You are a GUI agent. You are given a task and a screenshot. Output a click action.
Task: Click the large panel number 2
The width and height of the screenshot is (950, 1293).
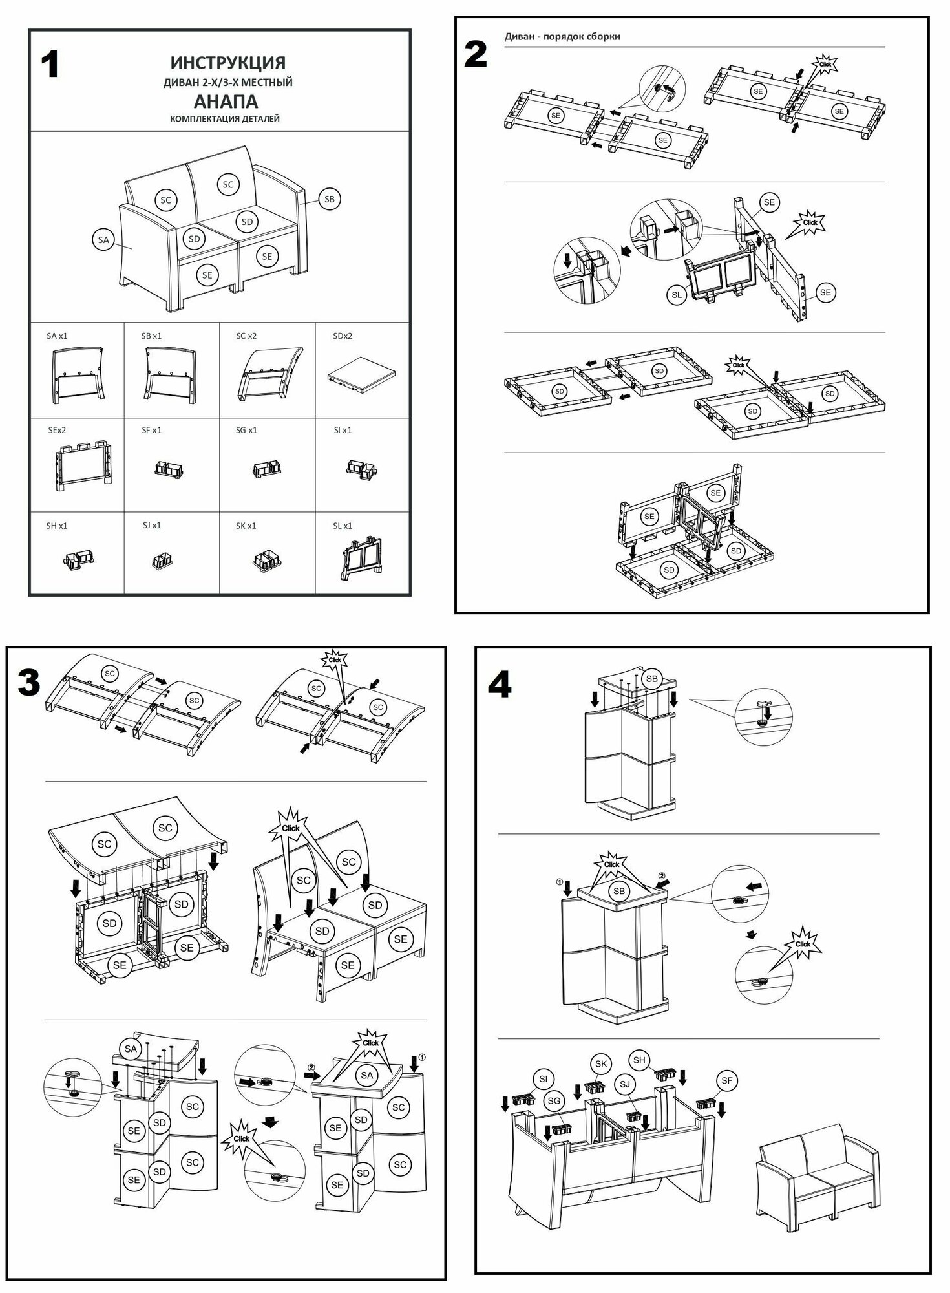[476, 54]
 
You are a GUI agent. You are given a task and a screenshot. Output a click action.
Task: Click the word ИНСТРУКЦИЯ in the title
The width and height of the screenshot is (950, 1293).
[227, 63]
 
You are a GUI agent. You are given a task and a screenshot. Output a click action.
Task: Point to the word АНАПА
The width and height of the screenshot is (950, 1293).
[226, 102]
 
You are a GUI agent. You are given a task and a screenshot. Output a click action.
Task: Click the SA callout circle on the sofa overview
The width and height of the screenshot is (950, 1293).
[103, 240]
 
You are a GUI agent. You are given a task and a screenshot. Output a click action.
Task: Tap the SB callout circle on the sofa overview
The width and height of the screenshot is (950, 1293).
[329, 199]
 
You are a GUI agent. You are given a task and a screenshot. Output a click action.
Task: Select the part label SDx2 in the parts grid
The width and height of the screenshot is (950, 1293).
[343, 336]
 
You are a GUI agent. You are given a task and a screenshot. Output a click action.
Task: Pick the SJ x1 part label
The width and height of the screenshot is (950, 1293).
[152, 526]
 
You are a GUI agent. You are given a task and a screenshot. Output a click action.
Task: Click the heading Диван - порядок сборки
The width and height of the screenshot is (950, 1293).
[562, 36]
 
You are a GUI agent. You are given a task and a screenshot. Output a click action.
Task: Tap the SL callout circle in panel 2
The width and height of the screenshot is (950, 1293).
[677, 295]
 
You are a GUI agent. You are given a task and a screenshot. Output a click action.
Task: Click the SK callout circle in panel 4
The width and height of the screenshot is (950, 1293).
[600, 1064]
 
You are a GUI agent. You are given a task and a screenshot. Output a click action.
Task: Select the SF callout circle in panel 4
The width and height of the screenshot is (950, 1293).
[727, 1080]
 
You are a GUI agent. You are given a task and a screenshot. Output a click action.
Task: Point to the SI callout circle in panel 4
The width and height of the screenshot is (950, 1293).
[543, 1079]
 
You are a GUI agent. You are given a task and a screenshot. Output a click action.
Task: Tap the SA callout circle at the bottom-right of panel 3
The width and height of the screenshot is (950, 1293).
[367, 1075]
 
